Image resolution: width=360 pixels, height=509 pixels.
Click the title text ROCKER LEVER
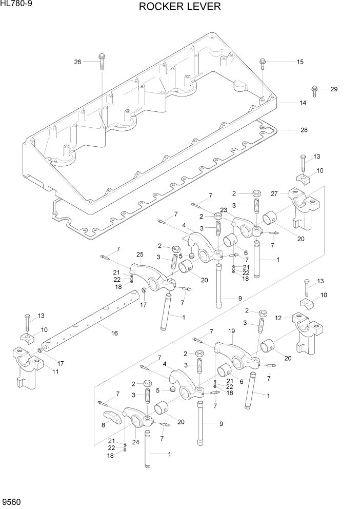(x=179, y=7)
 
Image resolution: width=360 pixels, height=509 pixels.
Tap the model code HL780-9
(x=16, y=4)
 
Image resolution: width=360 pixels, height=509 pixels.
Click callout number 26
(x=78, y=62)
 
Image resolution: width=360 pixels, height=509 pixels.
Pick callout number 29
(x=334, y=89)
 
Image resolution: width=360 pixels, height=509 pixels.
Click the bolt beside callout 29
(x=315, y=90)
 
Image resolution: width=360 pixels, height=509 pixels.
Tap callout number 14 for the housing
(x=303, y=103)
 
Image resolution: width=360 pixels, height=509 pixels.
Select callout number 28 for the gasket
(x=304, y=130)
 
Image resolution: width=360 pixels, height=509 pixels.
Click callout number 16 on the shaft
(x=114, y=333)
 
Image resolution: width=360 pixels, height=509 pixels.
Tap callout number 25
(x=139, y=254)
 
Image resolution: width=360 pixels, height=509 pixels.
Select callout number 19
(x=231, y=331)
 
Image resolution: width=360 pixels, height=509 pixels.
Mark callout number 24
(x=136, y=441)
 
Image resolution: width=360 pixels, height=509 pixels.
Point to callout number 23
(x=224, y=209)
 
